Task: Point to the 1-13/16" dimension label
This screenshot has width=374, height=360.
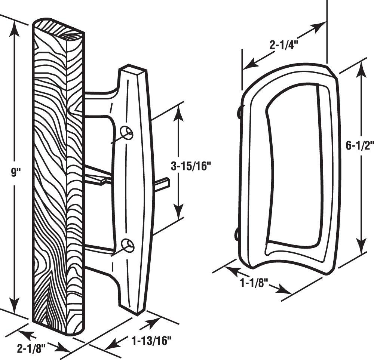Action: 151,341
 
